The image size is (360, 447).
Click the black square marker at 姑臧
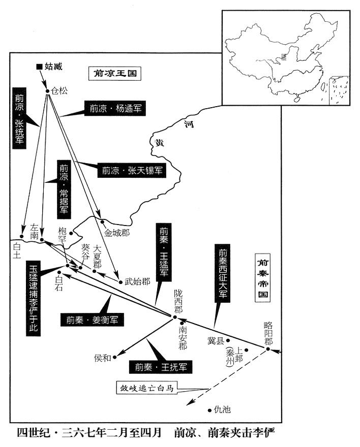(x=39, y=67)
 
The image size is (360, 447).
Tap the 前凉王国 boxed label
(x=115, y=74)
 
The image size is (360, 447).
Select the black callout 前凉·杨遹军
(x=115, y=108)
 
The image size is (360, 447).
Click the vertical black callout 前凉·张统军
(x=19, y=118)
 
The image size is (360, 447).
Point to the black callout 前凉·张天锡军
(x=132, y=171)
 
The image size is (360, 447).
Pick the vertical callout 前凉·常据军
(x=64, y=189)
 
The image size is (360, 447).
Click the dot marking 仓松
(x=48, y=91)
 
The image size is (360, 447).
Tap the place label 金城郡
(x=116, y=233)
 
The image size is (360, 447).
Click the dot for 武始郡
(x=121, y=282)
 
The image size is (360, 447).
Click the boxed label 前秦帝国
(x=262, y=278)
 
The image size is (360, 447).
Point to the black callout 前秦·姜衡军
(x=92, y=320)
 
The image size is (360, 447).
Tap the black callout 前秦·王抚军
(x=160, y=367)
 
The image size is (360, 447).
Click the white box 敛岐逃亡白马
(x=146, y=388)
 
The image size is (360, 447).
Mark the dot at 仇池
(x=209, y=410)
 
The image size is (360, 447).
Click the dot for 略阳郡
(x=268, y=349)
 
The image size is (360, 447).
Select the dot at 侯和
(x=115, y=357)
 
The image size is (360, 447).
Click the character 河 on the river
(x=189, y=124)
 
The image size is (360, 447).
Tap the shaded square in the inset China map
(x=284, y=56)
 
